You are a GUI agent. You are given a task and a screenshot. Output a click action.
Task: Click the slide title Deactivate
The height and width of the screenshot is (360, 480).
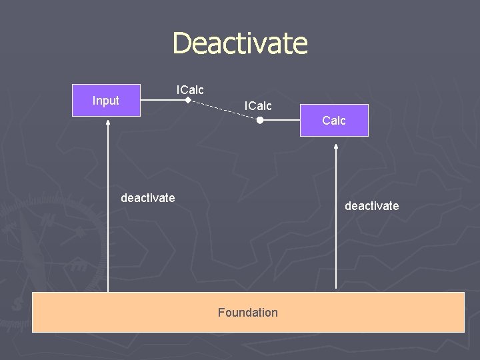point(240,43)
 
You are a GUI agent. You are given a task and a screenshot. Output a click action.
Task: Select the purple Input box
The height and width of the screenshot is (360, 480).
point(106,101)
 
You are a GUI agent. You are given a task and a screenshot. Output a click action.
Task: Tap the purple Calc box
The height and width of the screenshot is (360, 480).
point(333,121)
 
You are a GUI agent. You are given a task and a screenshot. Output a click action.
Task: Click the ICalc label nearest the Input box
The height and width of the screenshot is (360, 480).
point(190,89)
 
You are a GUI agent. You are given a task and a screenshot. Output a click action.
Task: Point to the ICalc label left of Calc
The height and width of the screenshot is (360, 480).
point(258,106)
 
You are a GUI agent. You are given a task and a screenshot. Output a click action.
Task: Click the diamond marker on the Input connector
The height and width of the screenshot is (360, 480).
point(188,101)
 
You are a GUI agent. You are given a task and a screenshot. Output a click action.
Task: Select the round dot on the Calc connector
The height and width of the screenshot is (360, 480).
point(261,121)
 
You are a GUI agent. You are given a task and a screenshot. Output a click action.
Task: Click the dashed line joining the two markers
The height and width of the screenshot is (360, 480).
point(224,111)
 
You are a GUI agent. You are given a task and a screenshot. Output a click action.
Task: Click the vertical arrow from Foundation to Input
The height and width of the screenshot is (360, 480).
point(108,213)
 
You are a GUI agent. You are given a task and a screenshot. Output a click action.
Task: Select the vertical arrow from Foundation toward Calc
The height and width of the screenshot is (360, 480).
point(336,220)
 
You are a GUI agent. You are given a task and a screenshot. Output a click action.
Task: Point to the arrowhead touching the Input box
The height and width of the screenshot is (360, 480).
point(108,121)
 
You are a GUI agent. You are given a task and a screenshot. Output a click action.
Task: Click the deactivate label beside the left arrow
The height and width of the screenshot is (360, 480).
point(148,197)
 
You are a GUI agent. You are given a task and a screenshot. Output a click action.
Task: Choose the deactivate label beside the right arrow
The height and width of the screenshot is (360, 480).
point(371,206)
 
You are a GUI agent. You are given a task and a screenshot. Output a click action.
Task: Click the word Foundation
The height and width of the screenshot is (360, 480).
point(247,312)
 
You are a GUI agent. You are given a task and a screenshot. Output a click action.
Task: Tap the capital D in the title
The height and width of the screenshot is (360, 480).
point(181,43)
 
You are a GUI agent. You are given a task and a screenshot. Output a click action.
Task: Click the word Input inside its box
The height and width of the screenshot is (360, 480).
point(106,101)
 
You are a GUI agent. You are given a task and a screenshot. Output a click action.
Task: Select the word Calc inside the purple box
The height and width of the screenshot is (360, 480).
point(333,121)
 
